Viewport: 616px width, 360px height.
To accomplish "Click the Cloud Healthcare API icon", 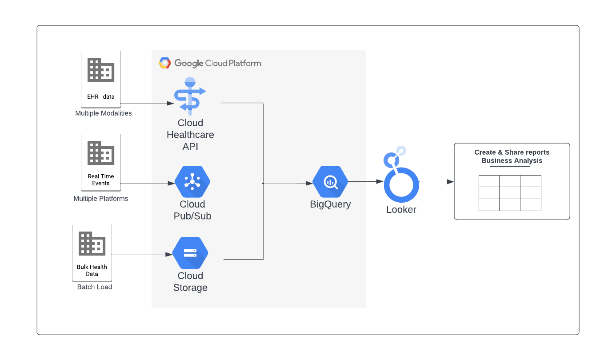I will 190,94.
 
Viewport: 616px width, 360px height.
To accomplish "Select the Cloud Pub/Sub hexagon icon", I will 192,182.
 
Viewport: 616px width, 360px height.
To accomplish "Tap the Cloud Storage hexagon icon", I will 190,253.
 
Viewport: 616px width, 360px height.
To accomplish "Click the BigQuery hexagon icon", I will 330,182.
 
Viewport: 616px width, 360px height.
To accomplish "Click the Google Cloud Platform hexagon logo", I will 165,63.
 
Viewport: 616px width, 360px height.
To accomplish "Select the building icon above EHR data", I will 101,70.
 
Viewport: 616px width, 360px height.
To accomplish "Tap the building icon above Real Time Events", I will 101,153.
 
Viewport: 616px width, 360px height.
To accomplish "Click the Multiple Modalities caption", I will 104,113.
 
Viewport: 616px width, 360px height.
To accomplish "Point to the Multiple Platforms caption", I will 101,199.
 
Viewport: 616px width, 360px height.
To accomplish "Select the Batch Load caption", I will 95,287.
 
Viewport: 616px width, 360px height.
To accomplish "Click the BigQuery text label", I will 330,204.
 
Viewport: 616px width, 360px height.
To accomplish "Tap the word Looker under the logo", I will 401,210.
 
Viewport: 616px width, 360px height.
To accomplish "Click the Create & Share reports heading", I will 512,152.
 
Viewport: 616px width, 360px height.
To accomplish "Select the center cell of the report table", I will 510,193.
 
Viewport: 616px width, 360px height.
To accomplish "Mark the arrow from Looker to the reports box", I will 436,182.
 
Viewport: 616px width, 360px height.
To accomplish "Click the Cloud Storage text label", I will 190,282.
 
